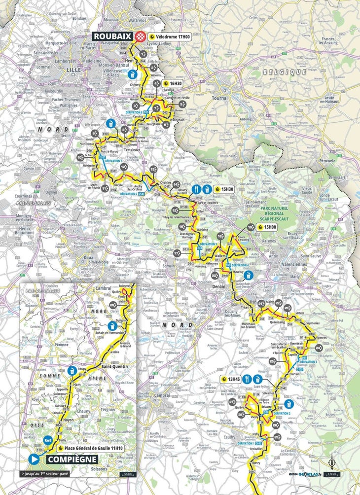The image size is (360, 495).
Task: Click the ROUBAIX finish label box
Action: [113, 36]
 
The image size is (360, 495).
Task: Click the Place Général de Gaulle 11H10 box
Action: [96, 448]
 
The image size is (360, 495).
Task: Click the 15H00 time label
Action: [269, 227]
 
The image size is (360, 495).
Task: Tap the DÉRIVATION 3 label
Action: [308, 362]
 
